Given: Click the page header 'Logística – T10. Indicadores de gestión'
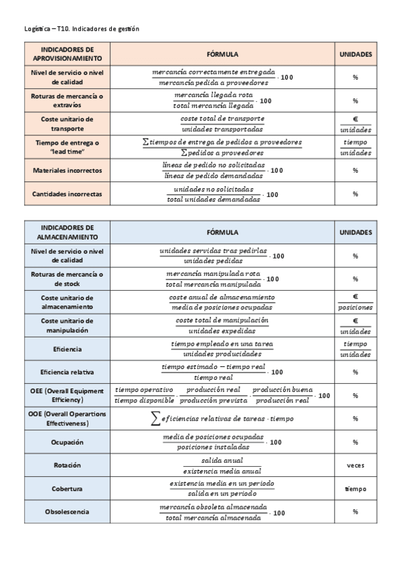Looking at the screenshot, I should click(81, 29).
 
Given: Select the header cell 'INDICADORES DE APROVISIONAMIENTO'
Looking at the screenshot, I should click(67, 54).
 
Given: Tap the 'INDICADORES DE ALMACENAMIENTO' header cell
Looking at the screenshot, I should click(67, 232).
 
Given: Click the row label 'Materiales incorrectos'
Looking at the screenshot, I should click(67, 171).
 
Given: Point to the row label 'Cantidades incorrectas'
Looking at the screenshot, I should click(67, 194).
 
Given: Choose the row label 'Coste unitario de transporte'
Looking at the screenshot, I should click(67, 124).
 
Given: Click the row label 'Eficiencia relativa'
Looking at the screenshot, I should click(67, 372).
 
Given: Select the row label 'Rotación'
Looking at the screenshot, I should click(67, 466).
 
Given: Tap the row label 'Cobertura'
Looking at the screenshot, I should click(67, 489).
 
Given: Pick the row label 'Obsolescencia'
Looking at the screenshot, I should click(67, 512).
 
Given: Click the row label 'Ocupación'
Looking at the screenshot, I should click(67, 442).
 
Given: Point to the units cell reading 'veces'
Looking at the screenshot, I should click(355, 466).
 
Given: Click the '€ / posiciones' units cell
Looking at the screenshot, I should click(355, 302).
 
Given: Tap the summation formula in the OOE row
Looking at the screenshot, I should click(222, 419).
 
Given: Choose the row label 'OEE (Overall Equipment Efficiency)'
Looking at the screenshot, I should click(67, 395).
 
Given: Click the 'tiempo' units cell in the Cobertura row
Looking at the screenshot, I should click(355, 489).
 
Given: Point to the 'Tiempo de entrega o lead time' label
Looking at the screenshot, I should click(67, 147).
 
